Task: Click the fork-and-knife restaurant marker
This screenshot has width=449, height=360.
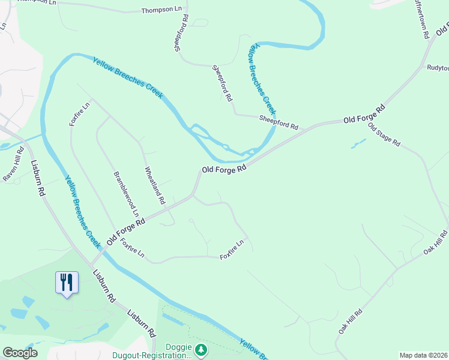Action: (x=67, y=282)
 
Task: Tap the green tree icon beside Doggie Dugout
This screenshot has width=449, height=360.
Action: (x=202, y=349)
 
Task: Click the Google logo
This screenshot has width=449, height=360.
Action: (x=20, y=353)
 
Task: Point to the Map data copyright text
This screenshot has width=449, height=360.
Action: (x=423, y=355)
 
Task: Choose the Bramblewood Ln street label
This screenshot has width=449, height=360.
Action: (x=126, y=193)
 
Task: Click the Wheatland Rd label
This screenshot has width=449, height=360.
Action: (x=154, y=185)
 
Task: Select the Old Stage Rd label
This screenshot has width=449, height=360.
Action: (x=384, y=134)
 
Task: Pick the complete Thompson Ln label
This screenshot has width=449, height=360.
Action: (x=160, y=10)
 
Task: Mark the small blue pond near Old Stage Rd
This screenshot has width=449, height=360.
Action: (x=358, y=144)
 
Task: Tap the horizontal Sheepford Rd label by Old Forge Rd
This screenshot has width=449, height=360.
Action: (x=279, y=122)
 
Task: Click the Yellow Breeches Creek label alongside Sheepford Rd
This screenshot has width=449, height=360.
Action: (x=262, y=79)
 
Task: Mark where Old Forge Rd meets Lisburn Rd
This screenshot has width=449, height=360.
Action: (x=91, y=263)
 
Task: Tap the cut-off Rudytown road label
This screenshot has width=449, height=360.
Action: (x=437, y=68)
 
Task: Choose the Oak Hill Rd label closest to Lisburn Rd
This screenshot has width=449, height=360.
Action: (x=351, y=322)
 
